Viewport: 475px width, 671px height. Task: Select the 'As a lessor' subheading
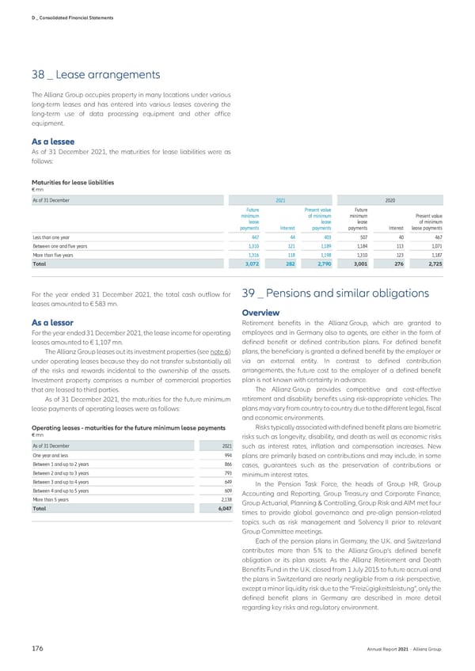[x=51, y=323]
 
